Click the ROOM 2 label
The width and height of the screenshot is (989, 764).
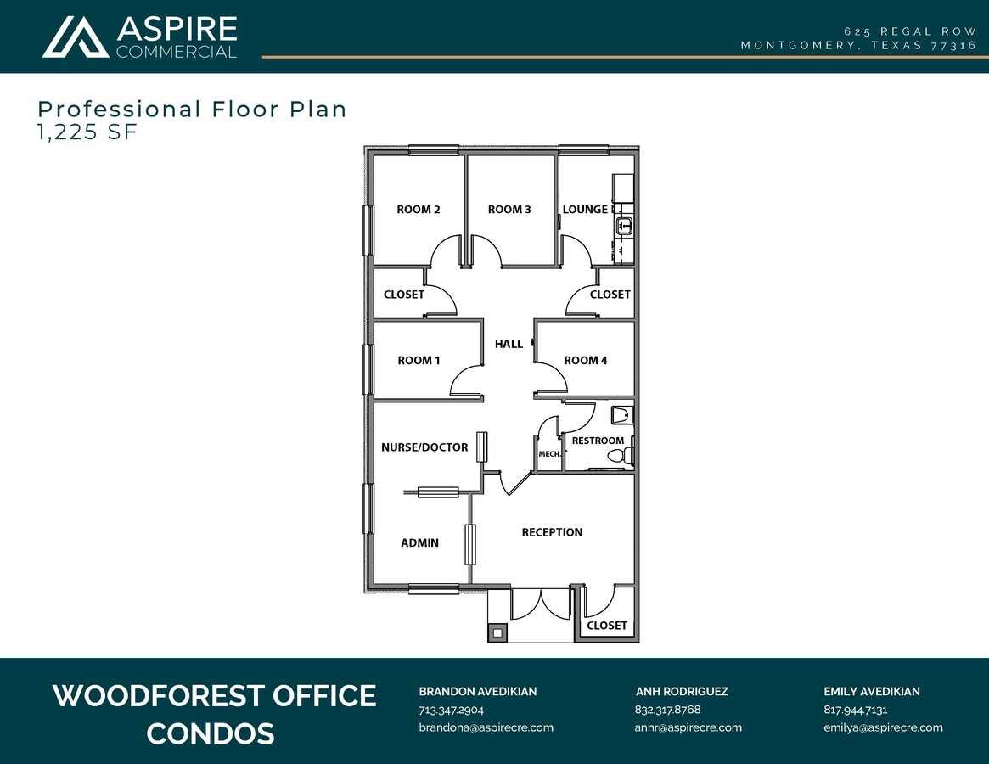tap(419, 210)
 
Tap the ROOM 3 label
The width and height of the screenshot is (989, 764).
tap(509, 210)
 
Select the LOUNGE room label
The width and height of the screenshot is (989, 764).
tap(585, 210)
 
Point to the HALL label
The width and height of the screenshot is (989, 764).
tap(509, 344)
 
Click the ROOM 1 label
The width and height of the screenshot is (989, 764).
tap(419, 361)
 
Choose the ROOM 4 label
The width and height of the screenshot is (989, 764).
tap(586, 361)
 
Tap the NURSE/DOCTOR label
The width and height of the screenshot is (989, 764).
tap(424, 447)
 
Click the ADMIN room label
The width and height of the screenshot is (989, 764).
tap(419, 542)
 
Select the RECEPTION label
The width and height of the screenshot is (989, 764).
tap(552, 532)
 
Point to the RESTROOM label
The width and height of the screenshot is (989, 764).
tap(598, 441)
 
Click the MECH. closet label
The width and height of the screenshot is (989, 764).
tap(549, 454)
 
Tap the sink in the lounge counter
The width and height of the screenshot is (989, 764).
tap(624, 226)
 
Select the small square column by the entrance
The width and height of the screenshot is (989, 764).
tap(497, 632)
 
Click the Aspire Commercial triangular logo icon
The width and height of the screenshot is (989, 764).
tap(76, 37)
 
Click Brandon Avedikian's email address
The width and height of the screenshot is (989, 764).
tap(486, 727)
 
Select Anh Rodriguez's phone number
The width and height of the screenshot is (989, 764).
tap(667, 710)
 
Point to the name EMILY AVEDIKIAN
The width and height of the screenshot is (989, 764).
tap(871, 691)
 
